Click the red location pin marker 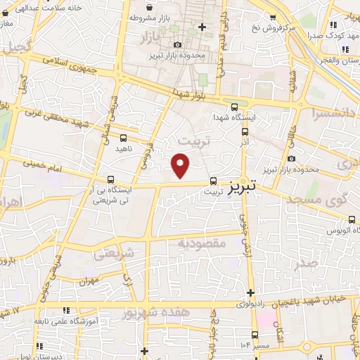click(x=181, y=165)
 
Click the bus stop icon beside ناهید click(x=124, y=138)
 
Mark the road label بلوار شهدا click(x=194, y=94)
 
